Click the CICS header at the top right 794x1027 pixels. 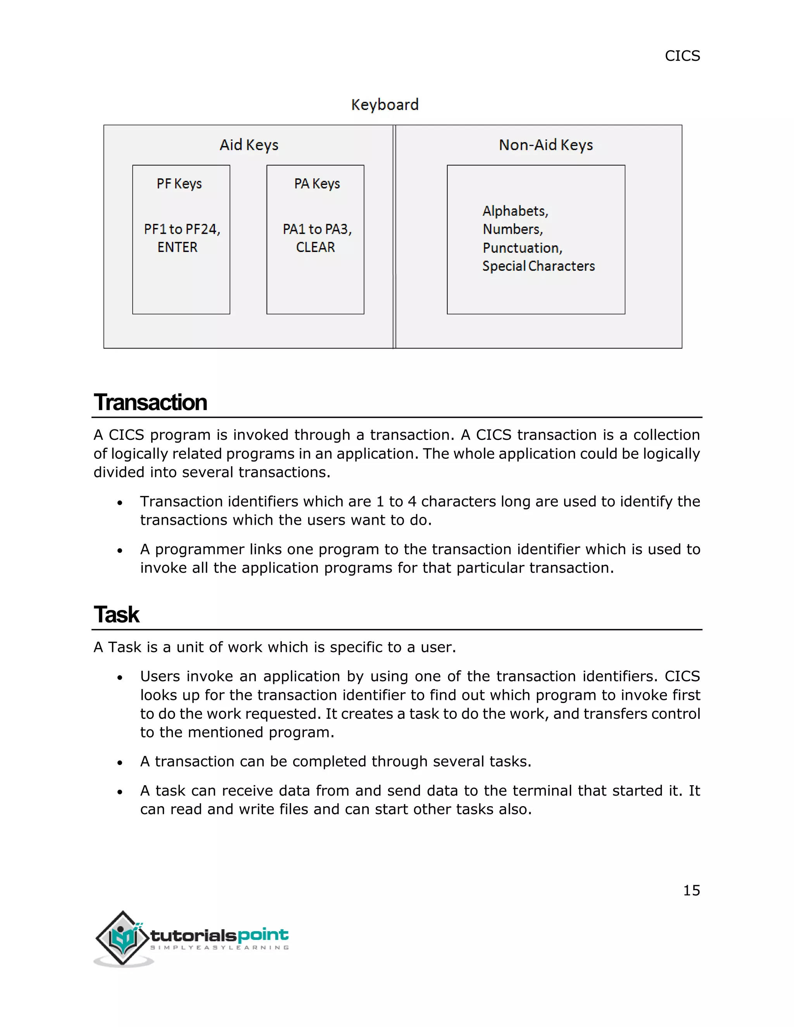point(682,56)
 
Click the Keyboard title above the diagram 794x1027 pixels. point(385,104)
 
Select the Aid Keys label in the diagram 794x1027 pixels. point(249,145)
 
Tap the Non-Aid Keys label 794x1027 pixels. point(545,145)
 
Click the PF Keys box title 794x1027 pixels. point(179,183)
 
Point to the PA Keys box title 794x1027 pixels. point(317,183)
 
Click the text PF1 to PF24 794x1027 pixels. point(182,229)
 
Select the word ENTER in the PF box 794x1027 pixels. point(177,247)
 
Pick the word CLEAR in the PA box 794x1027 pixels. point(315,247)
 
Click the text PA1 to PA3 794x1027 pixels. point(317,229)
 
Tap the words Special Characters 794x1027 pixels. point(538,266)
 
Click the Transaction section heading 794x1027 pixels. point(150,403)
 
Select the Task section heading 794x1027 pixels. point(117,615)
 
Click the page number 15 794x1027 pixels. point(691,890)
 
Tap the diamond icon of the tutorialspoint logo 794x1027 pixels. point(123,938)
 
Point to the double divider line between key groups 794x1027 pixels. point(395,236)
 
